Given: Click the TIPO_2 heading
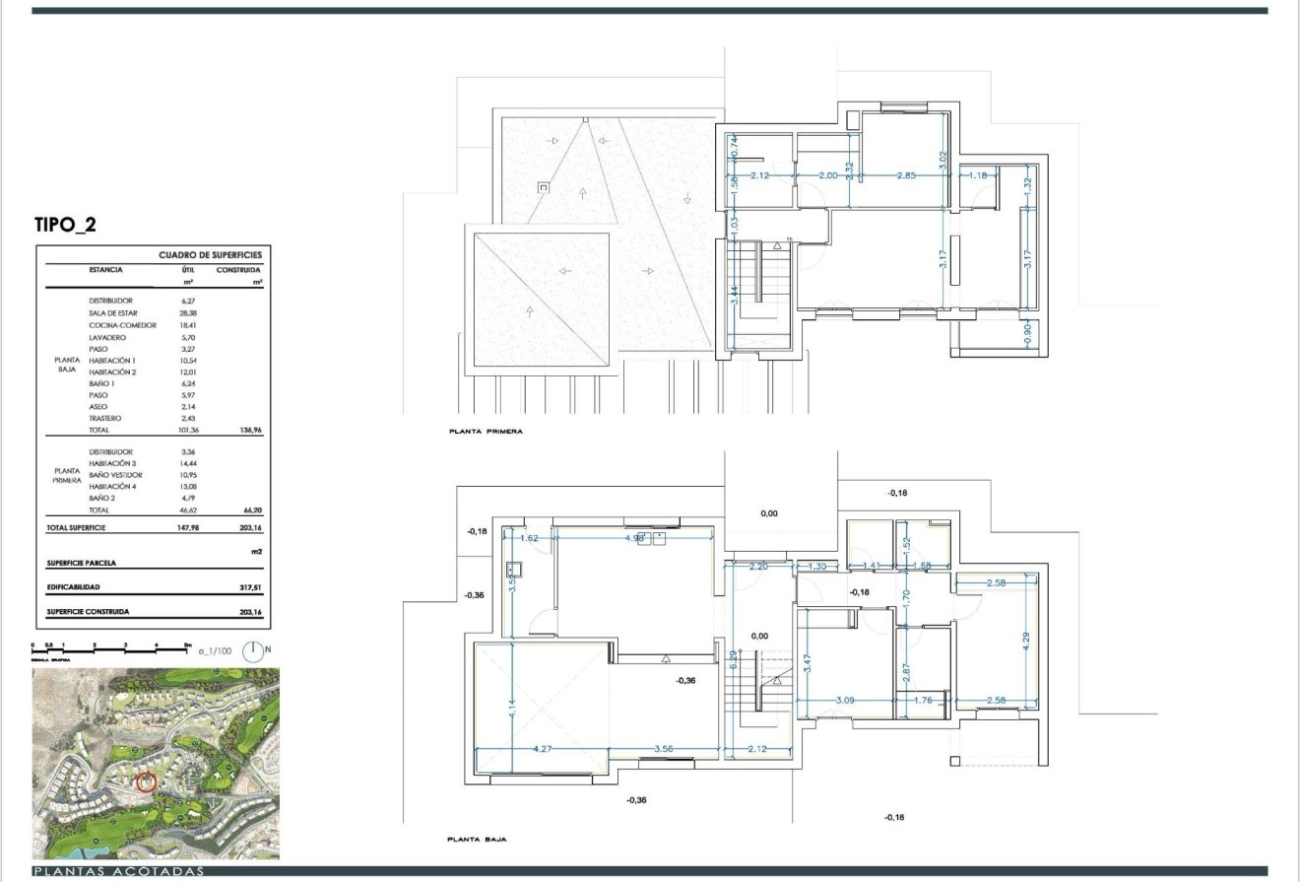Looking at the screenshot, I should (65, 225).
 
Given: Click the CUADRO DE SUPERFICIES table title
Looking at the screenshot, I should (210, 255).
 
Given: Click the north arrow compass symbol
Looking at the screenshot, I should (254, 650).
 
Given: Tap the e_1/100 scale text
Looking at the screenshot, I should (214, 651).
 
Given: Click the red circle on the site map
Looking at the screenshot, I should (146, 782).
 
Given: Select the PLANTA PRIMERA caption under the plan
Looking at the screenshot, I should (486, 432).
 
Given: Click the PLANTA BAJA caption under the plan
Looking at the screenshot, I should (477, 840).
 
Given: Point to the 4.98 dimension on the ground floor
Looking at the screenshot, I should (635, 538).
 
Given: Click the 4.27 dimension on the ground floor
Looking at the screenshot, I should (543, 749).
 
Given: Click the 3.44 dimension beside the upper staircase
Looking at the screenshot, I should (733, 293).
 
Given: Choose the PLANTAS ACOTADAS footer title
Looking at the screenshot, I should (118, 872).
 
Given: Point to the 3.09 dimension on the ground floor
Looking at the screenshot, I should (845, 701).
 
